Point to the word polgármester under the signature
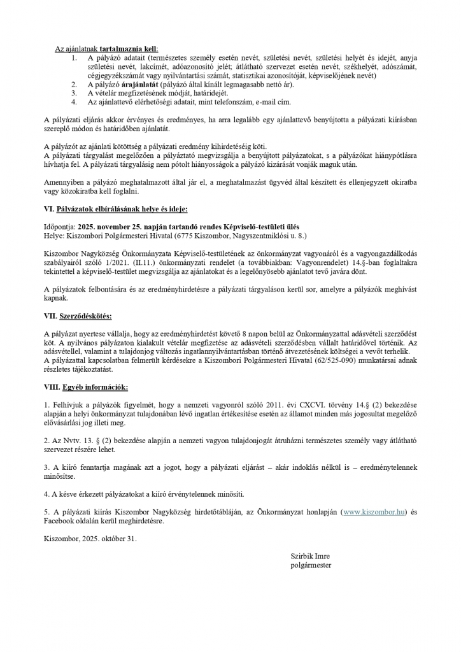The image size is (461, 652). (x=311, y=565)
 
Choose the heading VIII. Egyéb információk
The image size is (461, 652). (x=86, y=386)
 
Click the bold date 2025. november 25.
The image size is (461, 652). (x=117, y=227)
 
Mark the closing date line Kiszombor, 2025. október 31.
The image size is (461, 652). (x=90, y=538)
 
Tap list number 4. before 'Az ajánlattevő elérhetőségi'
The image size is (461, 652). (x=74, y=101)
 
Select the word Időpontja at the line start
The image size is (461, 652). (x=59, y=227)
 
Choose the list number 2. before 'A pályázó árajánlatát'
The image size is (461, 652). (x=74, y=83)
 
